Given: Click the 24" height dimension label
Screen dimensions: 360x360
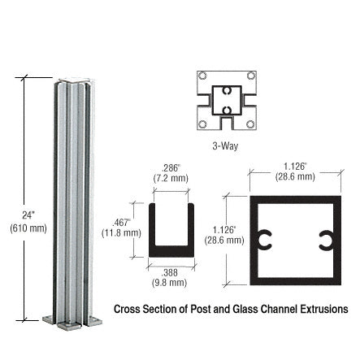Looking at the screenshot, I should (27, 215).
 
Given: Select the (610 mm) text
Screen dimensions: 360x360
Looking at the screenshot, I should (27, 228).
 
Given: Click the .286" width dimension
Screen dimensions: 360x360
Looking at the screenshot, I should (171, 168).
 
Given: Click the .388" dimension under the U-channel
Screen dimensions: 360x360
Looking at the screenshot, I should (170, 273).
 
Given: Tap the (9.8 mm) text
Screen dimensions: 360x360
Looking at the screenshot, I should (170, 284).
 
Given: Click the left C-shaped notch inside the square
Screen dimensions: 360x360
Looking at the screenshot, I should (264, 239).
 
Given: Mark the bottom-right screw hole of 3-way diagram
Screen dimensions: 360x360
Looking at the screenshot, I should (250, 124).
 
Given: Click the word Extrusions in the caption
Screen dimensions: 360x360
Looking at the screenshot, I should (324, 310).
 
